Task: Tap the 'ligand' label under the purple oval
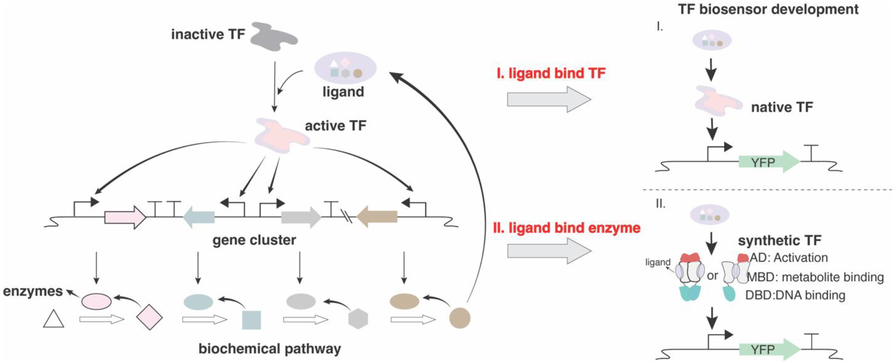[343, 92]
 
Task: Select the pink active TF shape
[280, 136]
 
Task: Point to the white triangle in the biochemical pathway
[54, 319]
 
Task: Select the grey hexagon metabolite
[358, 319]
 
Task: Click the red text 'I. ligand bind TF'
[551, 73]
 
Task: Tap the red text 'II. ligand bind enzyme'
[567, 228]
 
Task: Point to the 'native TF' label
[782, 107]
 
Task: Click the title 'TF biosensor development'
[768, 9]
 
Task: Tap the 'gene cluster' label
[254, 240]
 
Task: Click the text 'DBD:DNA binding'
[795, 295]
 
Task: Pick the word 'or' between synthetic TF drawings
[712, 276]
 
